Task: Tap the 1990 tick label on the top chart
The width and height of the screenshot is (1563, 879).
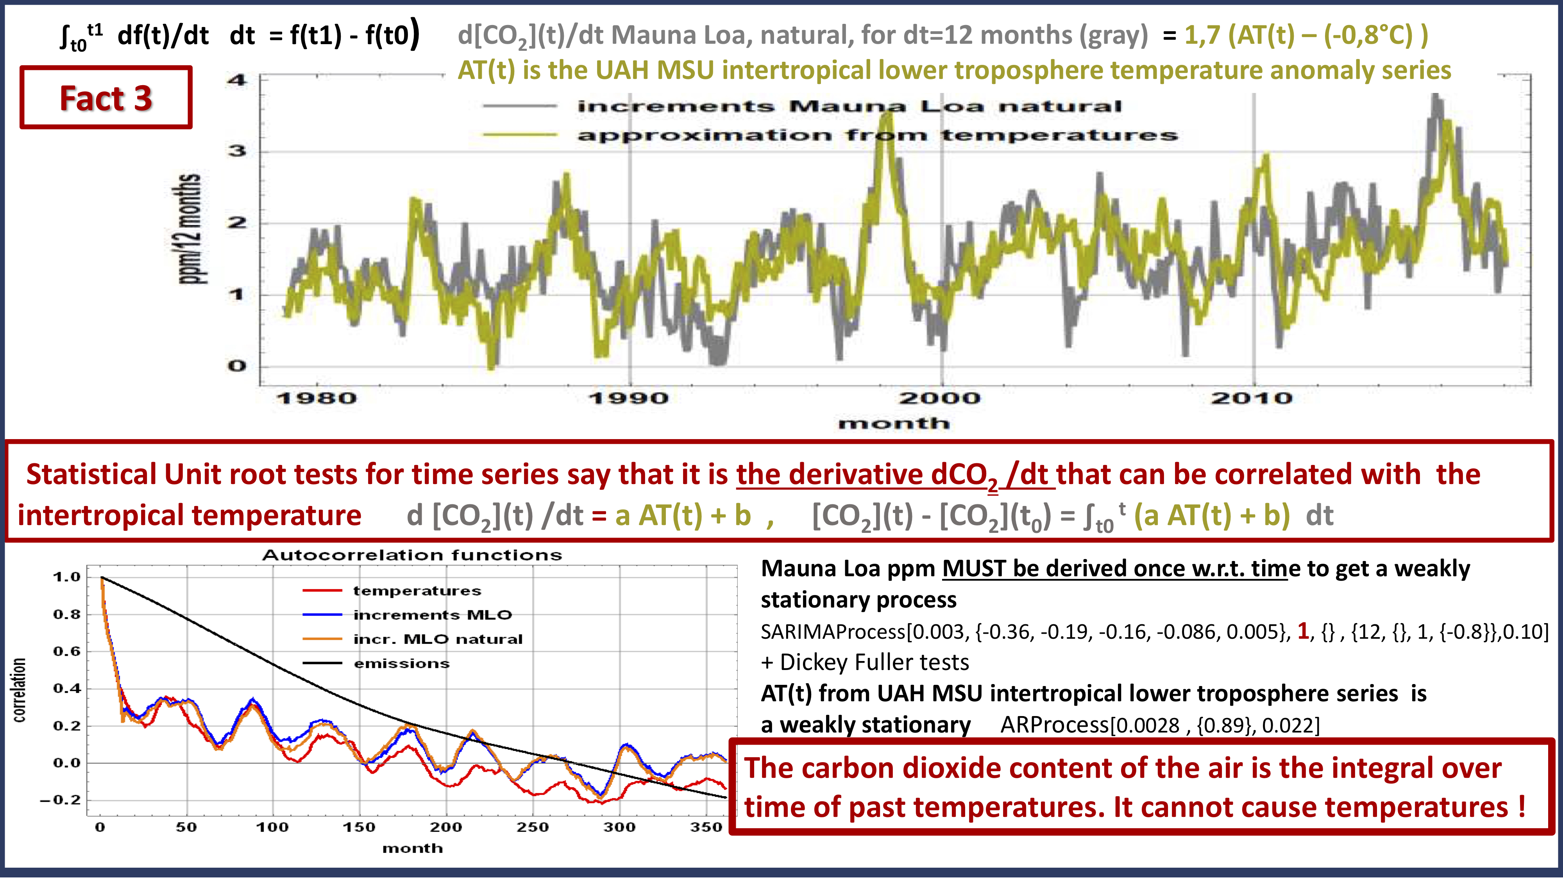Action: [x=629, y=398]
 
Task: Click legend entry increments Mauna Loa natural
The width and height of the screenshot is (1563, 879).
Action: [x=849, y=107]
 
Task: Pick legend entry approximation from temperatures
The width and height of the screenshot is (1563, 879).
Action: [x=877, y=135]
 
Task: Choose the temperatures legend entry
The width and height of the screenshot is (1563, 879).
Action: [x=417, y=591]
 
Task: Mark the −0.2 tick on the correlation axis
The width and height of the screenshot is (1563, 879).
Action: [x=61, y=800]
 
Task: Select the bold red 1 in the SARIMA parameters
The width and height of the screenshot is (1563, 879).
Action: [x=1303, y=631]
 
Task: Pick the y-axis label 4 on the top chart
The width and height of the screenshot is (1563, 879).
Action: [x=237, y=79]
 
